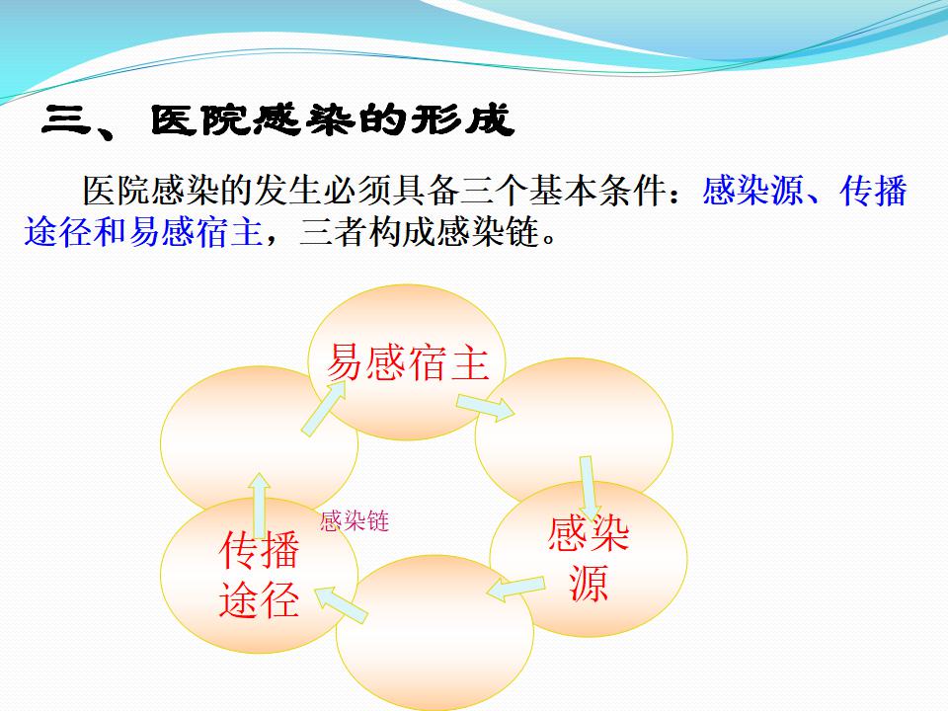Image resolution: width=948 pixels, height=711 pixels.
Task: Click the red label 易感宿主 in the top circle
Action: [x=408, y=362]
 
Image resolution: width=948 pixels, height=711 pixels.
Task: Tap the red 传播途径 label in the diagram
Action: [x=260, y=575]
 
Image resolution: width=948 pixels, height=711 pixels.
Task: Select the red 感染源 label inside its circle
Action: [x=589, y=558]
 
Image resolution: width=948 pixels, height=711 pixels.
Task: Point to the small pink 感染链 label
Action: [x=355, y=521]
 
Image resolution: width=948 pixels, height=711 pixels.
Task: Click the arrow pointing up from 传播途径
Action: [x=260, y=506]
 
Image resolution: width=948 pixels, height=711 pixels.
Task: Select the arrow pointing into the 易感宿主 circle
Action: [x=324, y=408]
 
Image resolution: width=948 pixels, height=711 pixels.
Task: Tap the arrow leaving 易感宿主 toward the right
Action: [x=486, y=407]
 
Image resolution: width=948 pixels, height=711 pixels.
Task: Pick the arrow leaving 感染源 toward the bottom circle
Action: [x=515, y=589]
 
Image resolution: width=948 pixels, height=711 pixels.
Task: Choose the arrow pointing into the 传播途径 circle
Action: [x=341, y=604]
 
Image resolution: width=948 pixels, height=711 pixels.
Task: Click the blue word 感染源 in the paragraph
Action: [x=752, y=191]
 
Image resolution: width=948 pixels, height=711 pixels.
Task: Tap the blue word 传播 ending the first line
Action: [x=874, y=191]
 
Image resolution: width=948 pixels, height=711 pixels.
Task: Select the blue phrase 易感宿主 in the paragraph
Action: [x=196, y=232]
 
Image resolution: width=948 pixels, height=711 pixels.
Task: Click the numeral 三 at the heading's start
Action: [x=66, y=119]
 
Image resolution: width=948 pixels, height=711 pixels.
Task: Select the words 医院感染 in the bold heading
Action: [x=253, y=119]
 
